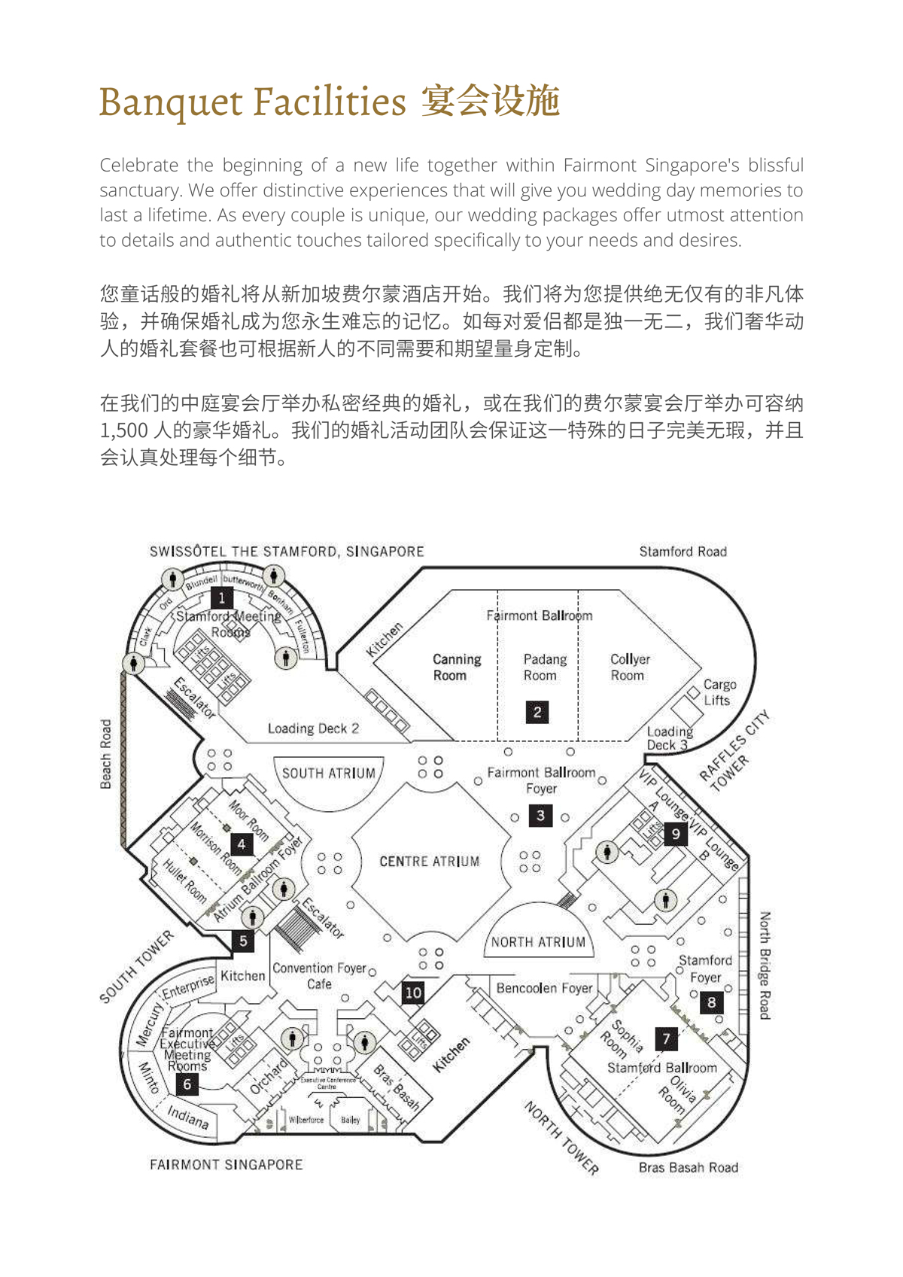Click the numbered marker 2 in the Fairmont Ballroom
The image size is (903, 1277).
(x=537, y=712)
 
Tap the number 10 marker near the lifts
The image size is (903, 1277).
(x=413, y=993)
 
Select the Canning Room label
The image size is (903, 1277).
(x=456, y=667)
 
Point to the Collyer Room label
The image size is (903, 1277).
(x=629, y=667)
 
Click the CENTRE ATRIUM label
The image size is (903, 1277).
(x=429, y=862)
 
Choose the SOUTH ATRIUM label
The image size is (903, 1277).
(x=328, y=773)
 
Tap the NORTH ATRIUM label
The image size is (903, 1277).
(x=538, y=942)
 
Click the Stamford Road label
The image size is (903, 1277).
(x=683, y=552)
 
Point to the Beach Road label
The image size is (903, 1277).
(x=106, y=754)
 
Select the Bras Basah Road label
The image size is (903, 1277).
(x=688, y=1168)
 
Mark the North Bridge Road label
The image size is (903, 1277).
(x=765, y=965)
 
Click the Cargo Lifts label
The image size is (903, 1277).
(x=719, y=692)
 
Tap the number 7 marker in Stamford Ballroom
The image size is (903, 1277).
(x=666, y=1039)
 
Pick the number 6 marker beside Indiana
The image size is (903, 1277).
(x=187, y=1084)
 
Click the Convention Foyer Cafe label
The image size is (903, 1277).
(x=319, y=975)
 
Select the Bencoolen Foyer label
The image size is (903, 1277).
(x=544, y=988)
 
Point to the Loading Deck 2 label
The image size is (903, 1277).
(x=313, y=728)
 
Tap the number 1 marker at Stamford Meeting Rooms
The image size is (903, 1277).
(x=221, y=598)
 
